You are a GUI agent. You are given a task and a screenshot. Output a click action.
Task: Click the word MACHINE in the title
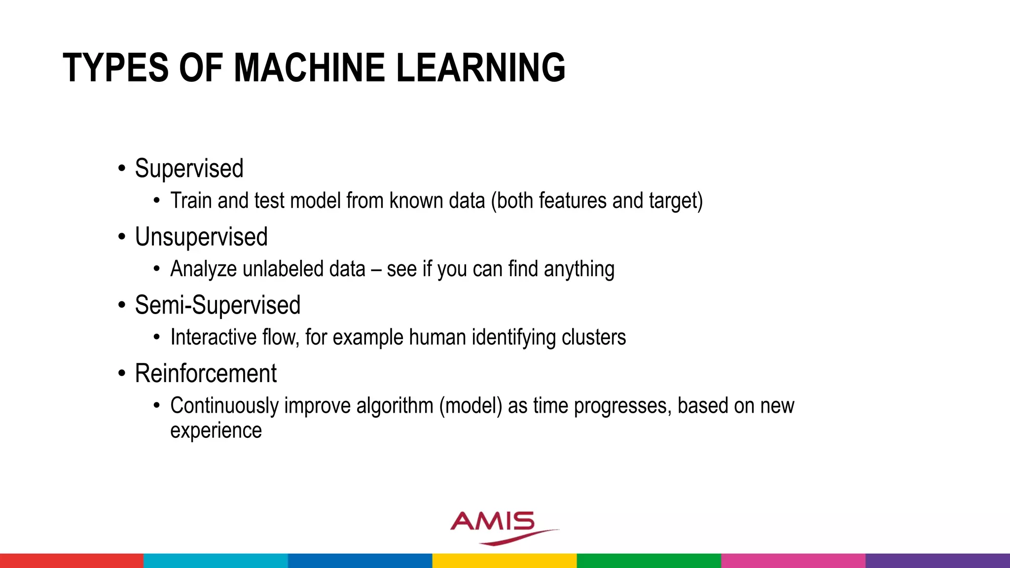pyautogui.click(x=309, y=68)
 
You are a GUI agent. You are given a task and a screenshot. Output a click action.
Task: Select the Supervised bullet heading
pyautogui.click(x=189, y=169)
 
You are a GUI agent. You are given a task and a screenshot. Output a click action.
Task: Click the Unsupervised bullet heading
pyautogui.click(x=201, y=237)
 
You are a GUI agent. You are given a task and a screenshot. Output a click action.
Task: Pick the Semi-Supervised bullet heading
pyautogui.click(x=217, y=305)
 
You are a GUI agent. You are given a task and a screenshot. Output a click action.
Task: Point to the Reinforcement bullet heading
pyautogui.click(x=206, y=374)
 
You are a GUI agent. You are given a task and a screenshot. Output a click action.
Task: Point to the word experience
pyautogui.click(x=216, y=430)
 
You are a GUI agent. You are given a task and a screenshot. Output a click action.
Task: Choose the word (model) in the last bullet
pyautogui.click(x=470, y=406)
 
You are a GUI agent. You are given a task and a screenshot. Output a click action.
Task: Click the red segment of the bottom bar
pyautogui.click(x=72, y=561)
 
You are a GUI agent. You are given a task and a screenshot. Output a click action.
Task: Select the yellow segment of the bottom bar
pyautogui.click(x=505, y=561)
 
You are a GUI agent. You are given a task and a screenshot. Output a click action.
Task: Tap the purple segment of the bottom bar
pyautogui.click(x=938, y=561)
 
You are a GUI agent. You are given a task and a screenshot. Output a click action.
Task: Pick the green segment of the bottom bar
pyautogui.click(x=649, y=561)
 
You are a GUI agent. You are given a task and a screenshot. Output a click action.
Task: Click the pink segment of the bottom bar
pyautogui.click(x=793, y=561)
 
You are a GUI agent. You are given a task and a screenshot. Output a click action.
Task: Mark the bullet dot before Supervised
pyautogui.click(x=122, y=169)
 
